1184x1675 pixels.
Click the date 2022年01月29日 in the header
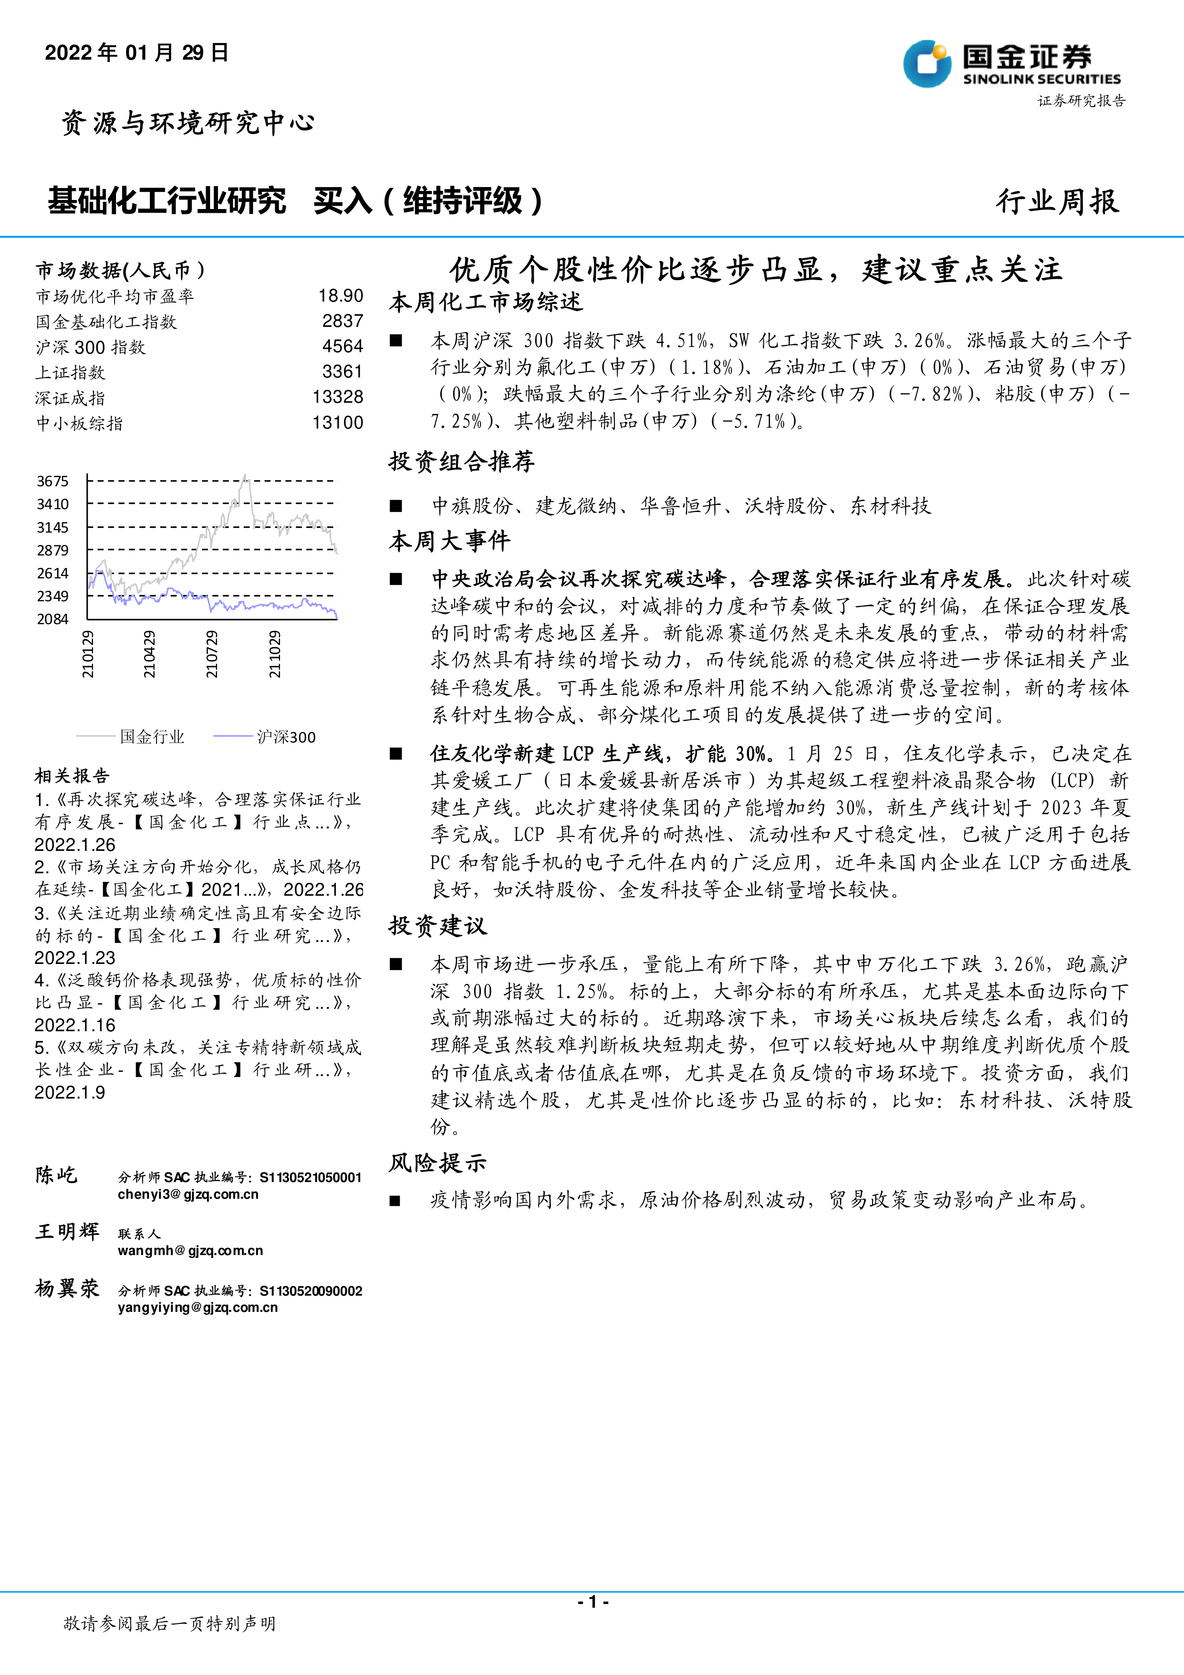pos(137,52)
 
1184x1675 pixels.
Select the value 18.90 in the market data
pos(341,295)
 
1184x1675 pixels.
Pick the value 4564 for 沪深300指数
pos(343,346)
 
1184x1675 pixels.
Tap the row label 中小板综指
pos(80,423)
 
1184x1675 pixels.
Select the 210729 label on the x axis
pos(211,654)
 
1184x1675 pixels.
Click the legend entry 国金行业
pos(152,737)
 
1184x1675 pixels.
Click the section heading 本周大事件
pos(449,541)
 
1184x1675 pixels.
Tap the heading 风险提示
pos(437,1163)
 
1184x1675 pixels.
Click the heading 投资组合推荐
pos(461,461)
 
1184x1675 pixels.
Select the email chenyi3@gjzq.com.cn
pos(188,1194)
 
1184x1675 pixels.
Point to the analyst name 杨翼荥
pos(67,1289)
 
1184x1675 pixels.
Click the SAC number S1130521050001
pos(311,1177)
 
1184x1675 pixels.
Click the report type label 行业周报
pos(1057,201)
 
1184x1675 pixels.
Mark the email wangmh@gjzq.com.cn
pos(190,1250)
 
